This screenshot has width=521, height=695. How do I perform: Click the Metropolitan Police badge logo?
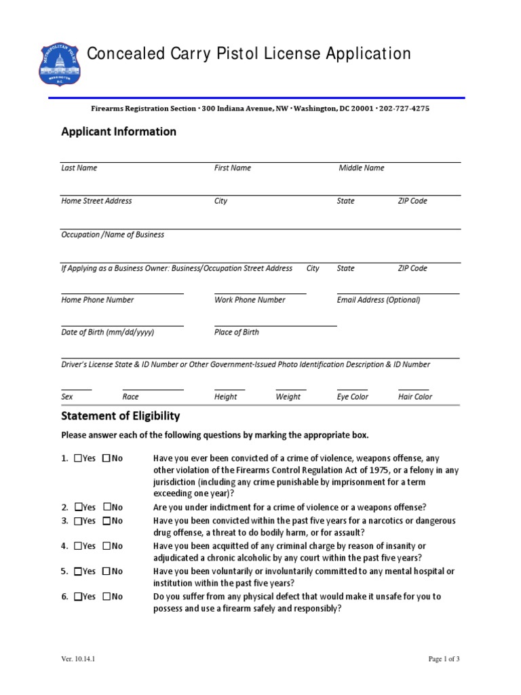[x=60, y=65]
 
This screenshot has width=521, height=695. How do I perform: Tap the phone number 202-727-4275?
[x=404, y=108]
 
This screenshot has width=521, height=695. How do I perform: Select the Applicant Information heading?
[x=119, y=132]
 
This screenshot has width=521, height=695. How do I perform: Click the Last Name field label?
[x=79, y=168]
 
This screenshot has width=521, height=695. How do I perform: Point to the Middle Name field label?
[x=361, y=168]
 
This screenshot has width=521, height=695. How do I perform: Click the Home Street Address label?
[x=96, y=201]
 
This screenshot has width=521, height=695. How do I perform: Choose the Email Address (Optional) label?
[x=378, y=300]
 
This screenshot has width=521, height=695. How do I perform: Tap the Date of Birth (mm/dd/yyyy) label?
[x=107, y=333]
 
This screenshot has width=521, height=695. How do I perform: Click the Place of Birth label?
[x=236, y=333]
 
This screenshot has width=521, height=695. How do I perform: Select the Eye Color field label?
[x=352, y=397]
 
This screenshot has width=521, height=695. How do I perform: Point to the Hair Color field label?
[x=414, y=397]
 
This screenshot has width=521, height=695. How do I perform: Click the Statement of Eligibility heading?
[x=121, y=415]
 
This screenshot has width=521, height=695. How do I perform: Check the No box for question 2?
[x=107, y=507]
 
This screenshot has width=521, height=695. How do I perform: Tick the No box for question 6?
[x=107, y=597]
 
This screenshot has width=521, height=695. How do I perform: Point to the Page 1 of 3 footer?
[x=444, y=658]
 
